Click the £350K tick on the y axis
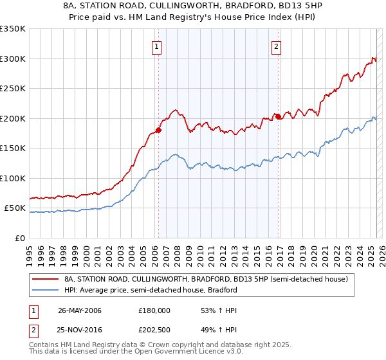[x=13, y=29]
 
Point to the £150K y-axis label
[x=13, y=148]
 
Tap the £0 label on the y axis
[x=19, y=238]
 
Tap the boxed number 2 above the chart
[x=276, y=46]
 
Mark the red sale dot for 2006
[x=158, y=130]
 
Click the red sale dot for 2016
[x=278, y=117]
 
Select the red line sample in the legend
[x=46, y=279]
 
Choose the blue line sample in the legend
[x=46, y=290]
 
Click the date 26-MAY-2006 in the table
[x=80, y=310]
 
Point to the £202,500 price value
[x=154, y=331]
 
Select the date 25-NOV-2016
[x=80, y=331]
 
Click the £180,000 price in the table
[x=154, y=310]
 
